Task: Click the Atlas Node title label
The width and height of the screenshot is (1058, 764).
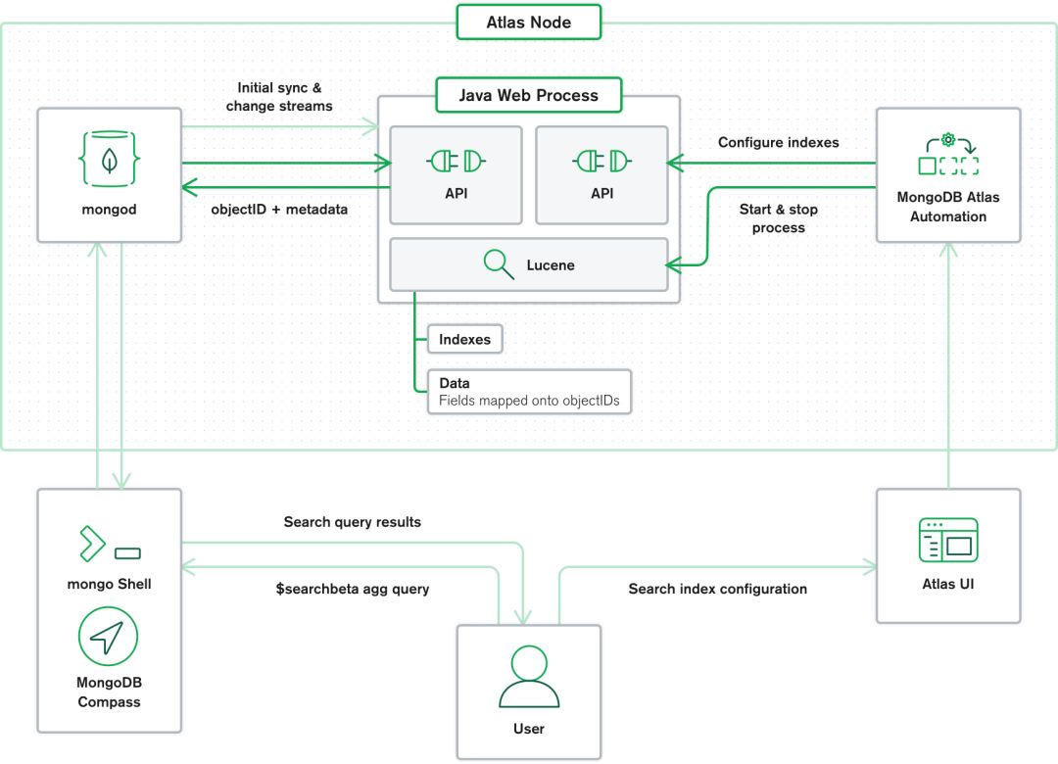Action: pos(529,22)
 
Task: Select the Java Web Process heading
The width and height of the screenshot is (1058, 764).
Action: pos(529,95)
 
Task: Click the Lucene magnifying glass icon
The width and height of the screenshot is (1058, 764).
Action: pos(500,264)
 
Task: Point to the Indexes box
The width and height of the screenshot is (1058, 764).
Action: pos(464,339)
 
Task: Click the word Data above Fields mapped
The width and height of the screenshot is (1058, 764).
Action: pos(455,383)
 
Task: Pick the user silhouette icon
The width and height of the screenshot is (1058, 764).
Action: pos(529,676)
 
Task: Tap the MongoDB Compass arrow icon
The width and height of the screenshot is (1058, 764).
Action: pos(109,638)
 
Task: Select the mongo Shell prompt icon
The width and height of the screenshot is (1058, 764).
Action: pos(109,545)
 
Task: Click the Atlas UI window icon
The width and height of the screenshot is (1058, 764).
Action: pos(947,540)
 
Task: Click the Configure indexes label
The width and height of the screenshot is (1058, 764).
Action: pos(778,142)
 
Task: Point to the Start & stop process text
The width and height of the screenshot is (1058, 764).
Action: pos(778,218)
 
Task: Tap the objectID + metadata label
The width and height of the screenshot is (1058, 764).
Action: pos(279,209)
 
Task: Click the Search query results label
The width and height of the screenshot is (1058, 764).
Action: pos(352,522)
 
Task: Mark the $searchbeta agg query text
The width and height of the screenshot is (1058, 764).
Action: pos(352,589)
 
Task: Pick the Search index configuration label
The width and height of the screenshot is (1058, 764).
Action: pos(717,589)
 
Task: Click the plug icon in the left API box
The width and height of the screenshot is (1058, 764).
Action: pos(457,161)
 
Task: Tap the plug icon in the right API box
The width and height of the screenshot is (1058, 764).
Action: pos(601,161)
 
